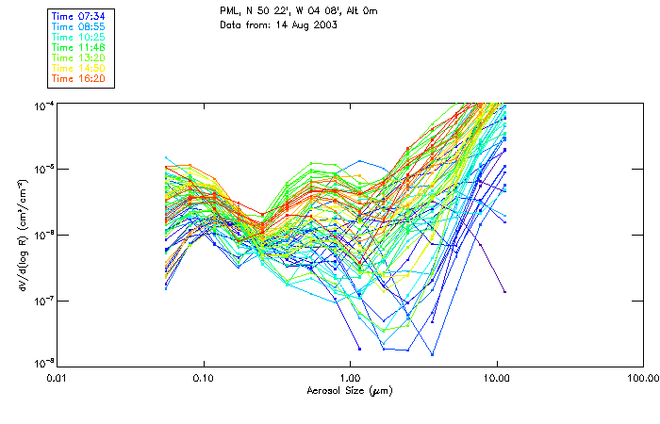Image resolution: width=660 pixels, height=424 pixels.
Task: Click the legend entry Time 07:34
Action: [79, 15]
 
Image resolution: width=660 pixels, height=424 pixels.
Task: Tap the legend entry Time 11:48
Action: [79, 46]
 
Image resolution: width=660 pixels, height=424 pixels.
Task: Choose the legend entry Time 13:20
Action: [79, 57]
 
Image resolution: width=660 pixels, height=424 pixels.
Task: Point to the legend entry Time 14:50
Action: [79, 67]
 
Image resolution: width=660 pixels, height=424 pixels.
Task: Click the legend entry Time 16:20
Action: [79, 77]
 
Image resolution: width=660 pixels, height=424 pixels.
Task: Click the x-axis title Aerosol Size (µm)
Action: [350, 390]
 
